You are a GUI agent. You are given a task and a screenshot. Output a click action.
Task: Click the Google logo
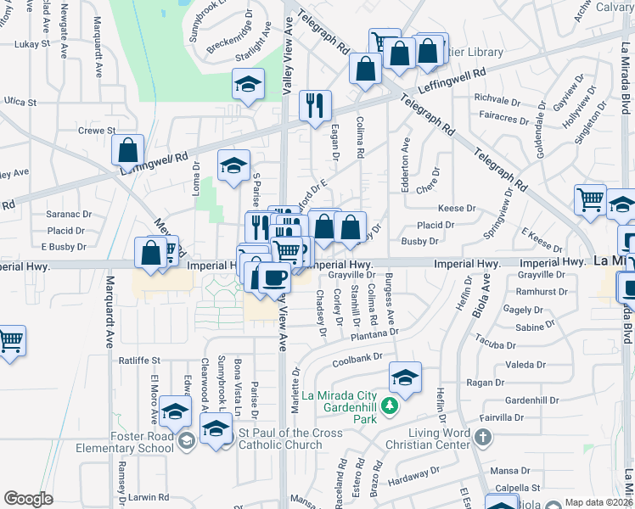[x=29, y=499]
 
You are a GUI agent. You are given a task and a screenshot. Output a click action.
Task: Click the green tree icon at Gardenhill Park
[x=390, y=407]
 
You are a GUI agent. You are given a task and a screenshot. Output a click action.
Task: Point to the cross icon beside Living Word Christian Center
[x=482, y=439]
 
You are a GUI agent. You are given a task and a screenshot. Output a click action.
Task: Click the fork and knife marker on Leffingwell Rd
[x=315, y=105]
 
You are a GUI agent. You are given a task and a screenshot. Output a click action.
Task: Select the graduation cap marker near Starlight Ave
[x=248, y=85]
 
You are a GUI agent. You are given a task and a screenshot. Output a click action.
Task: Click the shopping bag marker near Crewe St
[x=127, y=151]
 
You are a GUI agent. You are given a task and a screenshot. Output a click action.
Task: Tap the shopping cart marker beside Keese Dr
[x=590, y=201]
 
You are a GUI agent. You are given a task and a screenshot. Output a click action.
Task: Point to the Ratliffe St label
[x=138, y=361]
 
